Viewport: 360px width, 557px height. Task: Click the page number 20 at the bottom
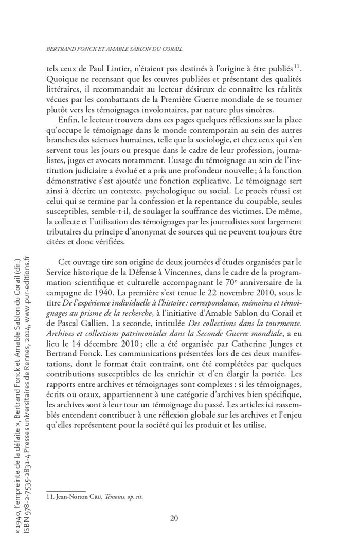click(174, 518)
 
